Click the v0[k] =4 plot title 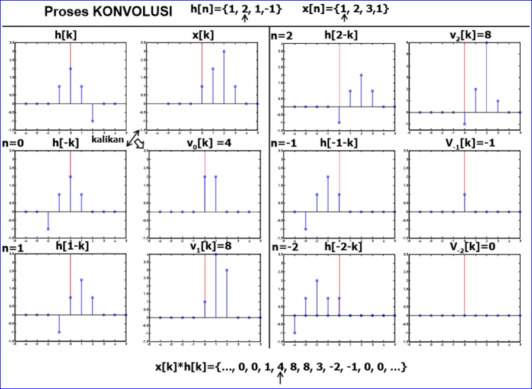(211, 144)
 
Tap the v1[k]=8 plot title (211, 246)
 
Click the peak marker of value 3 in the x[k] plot (224, 52)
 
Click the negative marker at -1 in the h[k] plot (92, 121)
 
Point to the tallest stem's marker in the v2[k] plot (487, 43)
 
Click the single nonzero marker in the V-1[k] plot (464, 194)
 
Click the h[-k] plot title (66, 144)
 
